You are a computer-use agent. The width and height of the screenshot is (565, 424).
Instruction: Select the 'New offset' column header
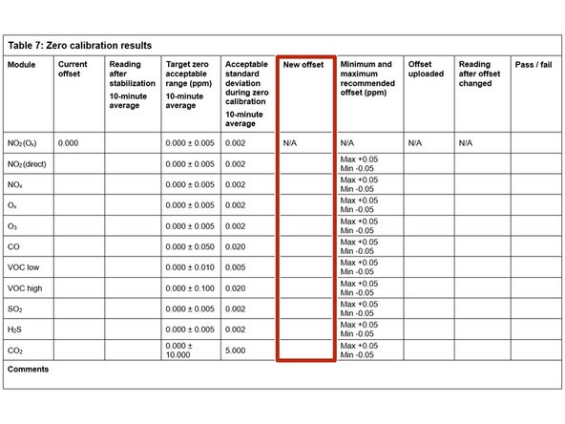pos(303,65)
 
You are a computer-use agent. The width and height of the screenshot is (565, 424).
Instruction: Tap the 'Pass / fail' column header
pos(532,65)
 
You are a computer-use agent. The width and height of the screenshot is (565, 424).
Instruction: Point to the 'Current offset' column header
pos(73,70)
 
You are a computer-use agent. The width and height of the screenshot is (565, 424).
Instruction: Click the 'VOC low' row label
pos(24,266)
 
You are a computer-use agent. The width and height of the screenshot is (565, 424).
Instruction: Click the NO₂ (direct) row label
pos(28,163)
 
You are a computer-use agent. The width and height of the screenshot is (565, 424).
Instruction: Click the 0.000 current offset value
pos(69,142)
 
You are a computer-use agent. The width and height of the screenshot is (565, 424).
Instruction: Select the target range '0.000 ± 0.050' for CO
pos(189,245)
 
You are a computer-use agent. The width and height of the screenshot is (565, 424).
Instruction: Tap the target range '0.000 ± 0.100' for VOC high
pos(189,287)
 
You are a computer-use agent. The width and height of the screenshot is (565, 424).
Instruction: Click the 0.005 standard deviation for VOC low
pos(237,266)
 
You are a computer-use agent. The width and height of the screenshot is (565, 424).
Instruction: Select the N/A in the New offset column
pos(292,142)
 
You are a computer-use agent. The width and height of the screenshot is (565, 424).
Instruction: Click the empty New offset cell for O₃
pos(305,225)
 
